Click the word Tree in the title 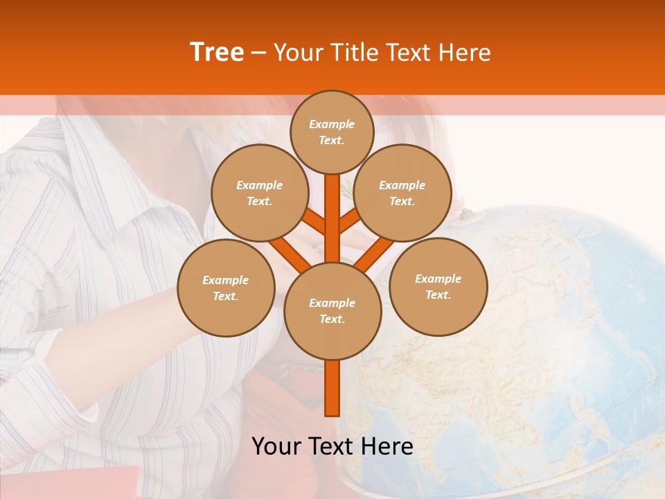point(217,53)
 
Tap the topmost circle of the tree point(332,132)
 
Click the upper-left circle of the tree point(260,193)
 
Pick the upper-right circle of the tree point(402,193)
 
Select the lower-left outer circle point(226,288)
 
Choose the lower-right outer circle point(438,286)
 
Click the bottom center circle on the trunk point(332,310)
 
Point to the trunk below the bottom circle point(332,388)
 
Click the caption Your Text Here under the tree point(332,446)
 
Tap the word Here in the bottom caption point(385,446)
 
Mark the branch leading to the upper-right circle point(349,221)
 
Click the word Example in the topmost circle point(332,124)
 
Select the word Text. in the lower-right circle point(438,295)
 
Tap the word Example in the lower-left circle point(225,280)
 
